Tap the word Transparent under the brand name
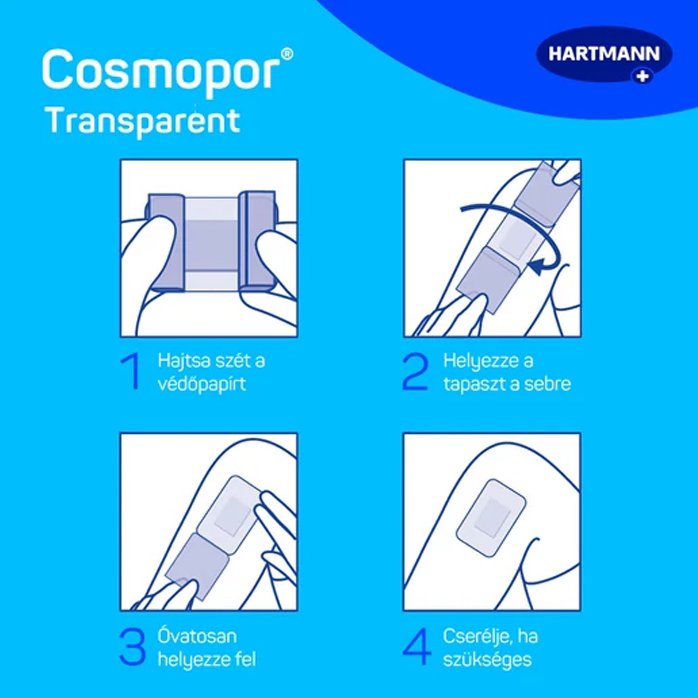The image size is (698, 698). coord(143,121)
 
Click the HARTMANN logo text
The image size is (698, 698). coord(604,54)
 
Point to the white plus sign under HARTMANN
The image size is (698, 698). coord(643,76)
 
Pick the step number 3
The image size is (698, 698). coord(133,647)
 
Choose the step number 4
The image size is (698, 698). coord(417,647)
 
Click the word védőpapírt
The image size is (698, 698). coord(202,384)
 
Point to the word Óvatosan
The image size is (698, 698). coord(197,636)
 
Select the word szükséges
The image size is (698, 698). coord(487,660)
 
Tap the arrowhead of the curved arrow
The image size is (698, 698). coord(535,266)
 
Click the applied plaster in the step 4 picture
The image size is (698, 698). coord(491,518)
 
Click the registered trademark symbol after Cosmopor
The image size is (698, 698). coord(287,54)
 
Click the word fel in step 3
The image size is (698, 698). coord(246,659)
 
